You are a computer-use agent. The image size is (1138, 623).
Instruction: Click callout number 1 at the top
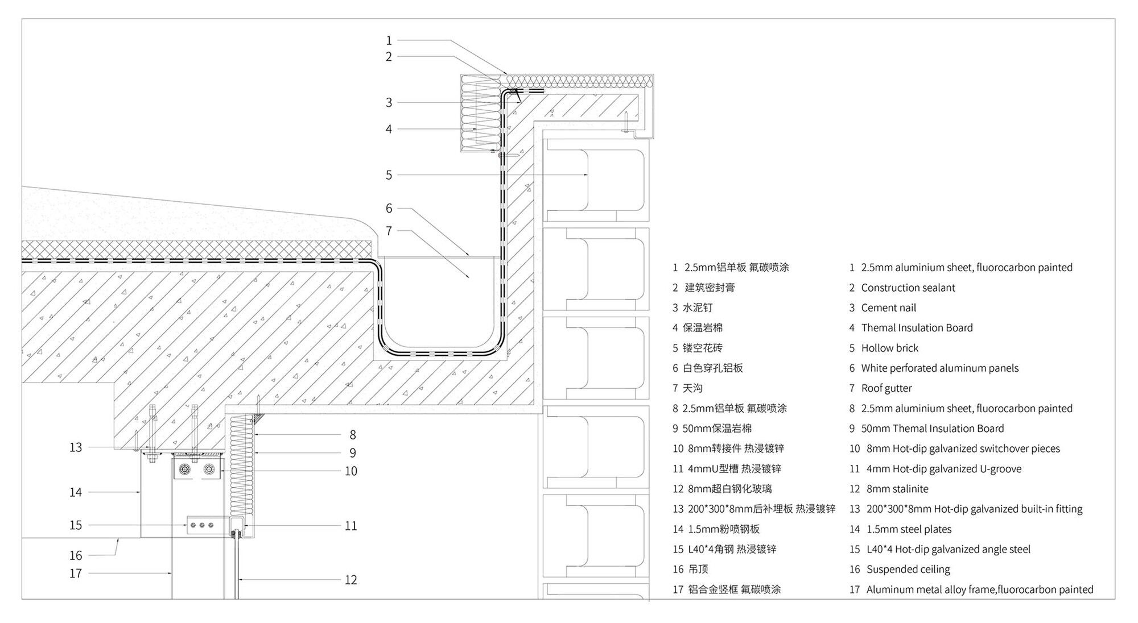pyautogui.click(x=389, y=40)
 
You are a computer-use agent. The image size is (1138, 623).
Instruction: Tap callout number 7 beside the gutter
pyautogui.click(x=389, y=231)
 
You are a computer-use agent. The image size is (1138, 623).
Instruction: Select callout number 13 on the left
pyautogui.click(x=76, y=447)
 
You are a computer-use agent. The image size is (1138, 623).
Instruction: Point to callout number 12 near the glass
pyautogui.click(x=351, y=580)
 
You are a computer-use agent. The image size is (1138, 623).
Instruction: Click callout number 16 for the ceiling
pyautogui.click(x=76, y=555)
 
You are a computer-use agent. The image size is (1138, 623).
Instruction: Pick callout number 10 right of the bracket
pyautogui.click(x=351, y=471)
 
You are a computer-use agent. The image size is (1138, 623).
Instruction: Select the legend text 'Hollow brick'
pyautogui.click(x=889, y=348)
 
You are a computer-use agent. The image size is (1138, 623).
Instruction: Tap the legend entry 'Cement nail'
pyautogui.click(x=888, y=308)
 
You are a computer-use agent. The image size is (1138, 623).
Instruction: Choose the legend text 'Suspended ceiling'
pyautogui.click(x=908, y=569)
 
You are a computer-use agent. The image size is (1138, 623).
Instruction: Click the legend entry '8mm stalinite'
pyautogui.click(x=897, y=489)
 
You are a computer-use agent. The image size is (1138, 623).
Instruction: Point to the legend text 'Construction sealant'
pyautogui.click(x=908, y=288)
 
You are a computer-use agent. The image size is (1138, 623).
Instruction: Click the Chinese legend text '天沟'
pyautogui.click(x=692, y=388)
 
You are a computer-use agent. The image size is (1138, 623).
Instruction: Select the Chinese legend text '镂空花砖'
pyautogui.click(x=702, y=348)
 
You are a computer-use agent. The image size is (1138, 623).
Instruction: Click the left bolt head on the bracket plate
pyautogui.click(x=185, y=470)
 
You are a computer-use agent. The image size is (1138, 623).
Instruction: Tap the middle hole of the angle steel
pyautogui.click(x=202, y=525)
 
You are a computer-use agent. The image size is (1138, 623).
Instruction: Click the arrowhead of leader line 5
pyautogui.click(x=586, y=175)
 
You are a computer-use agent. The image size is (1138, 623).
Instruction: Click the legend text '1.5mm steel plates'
pyautogui.click(x=909, y=529)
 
